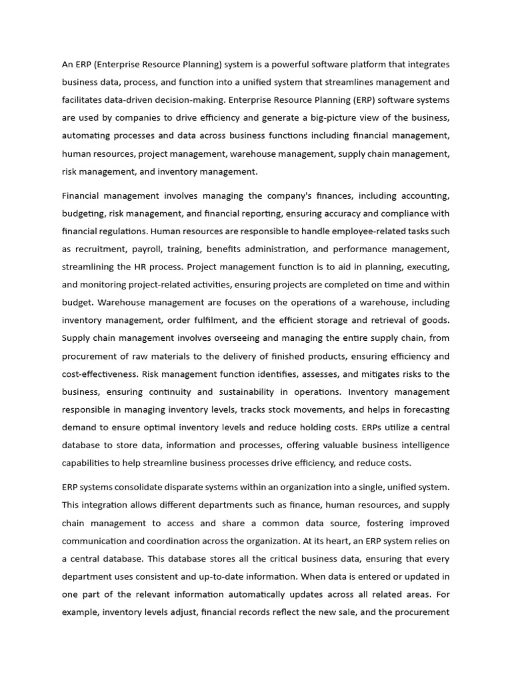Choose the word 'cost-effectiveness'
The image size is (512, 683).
point(99,374)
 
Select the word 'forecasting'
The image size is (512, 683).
point(424,410)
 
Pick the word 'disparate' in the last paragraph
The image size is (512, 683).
point(189,488)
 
